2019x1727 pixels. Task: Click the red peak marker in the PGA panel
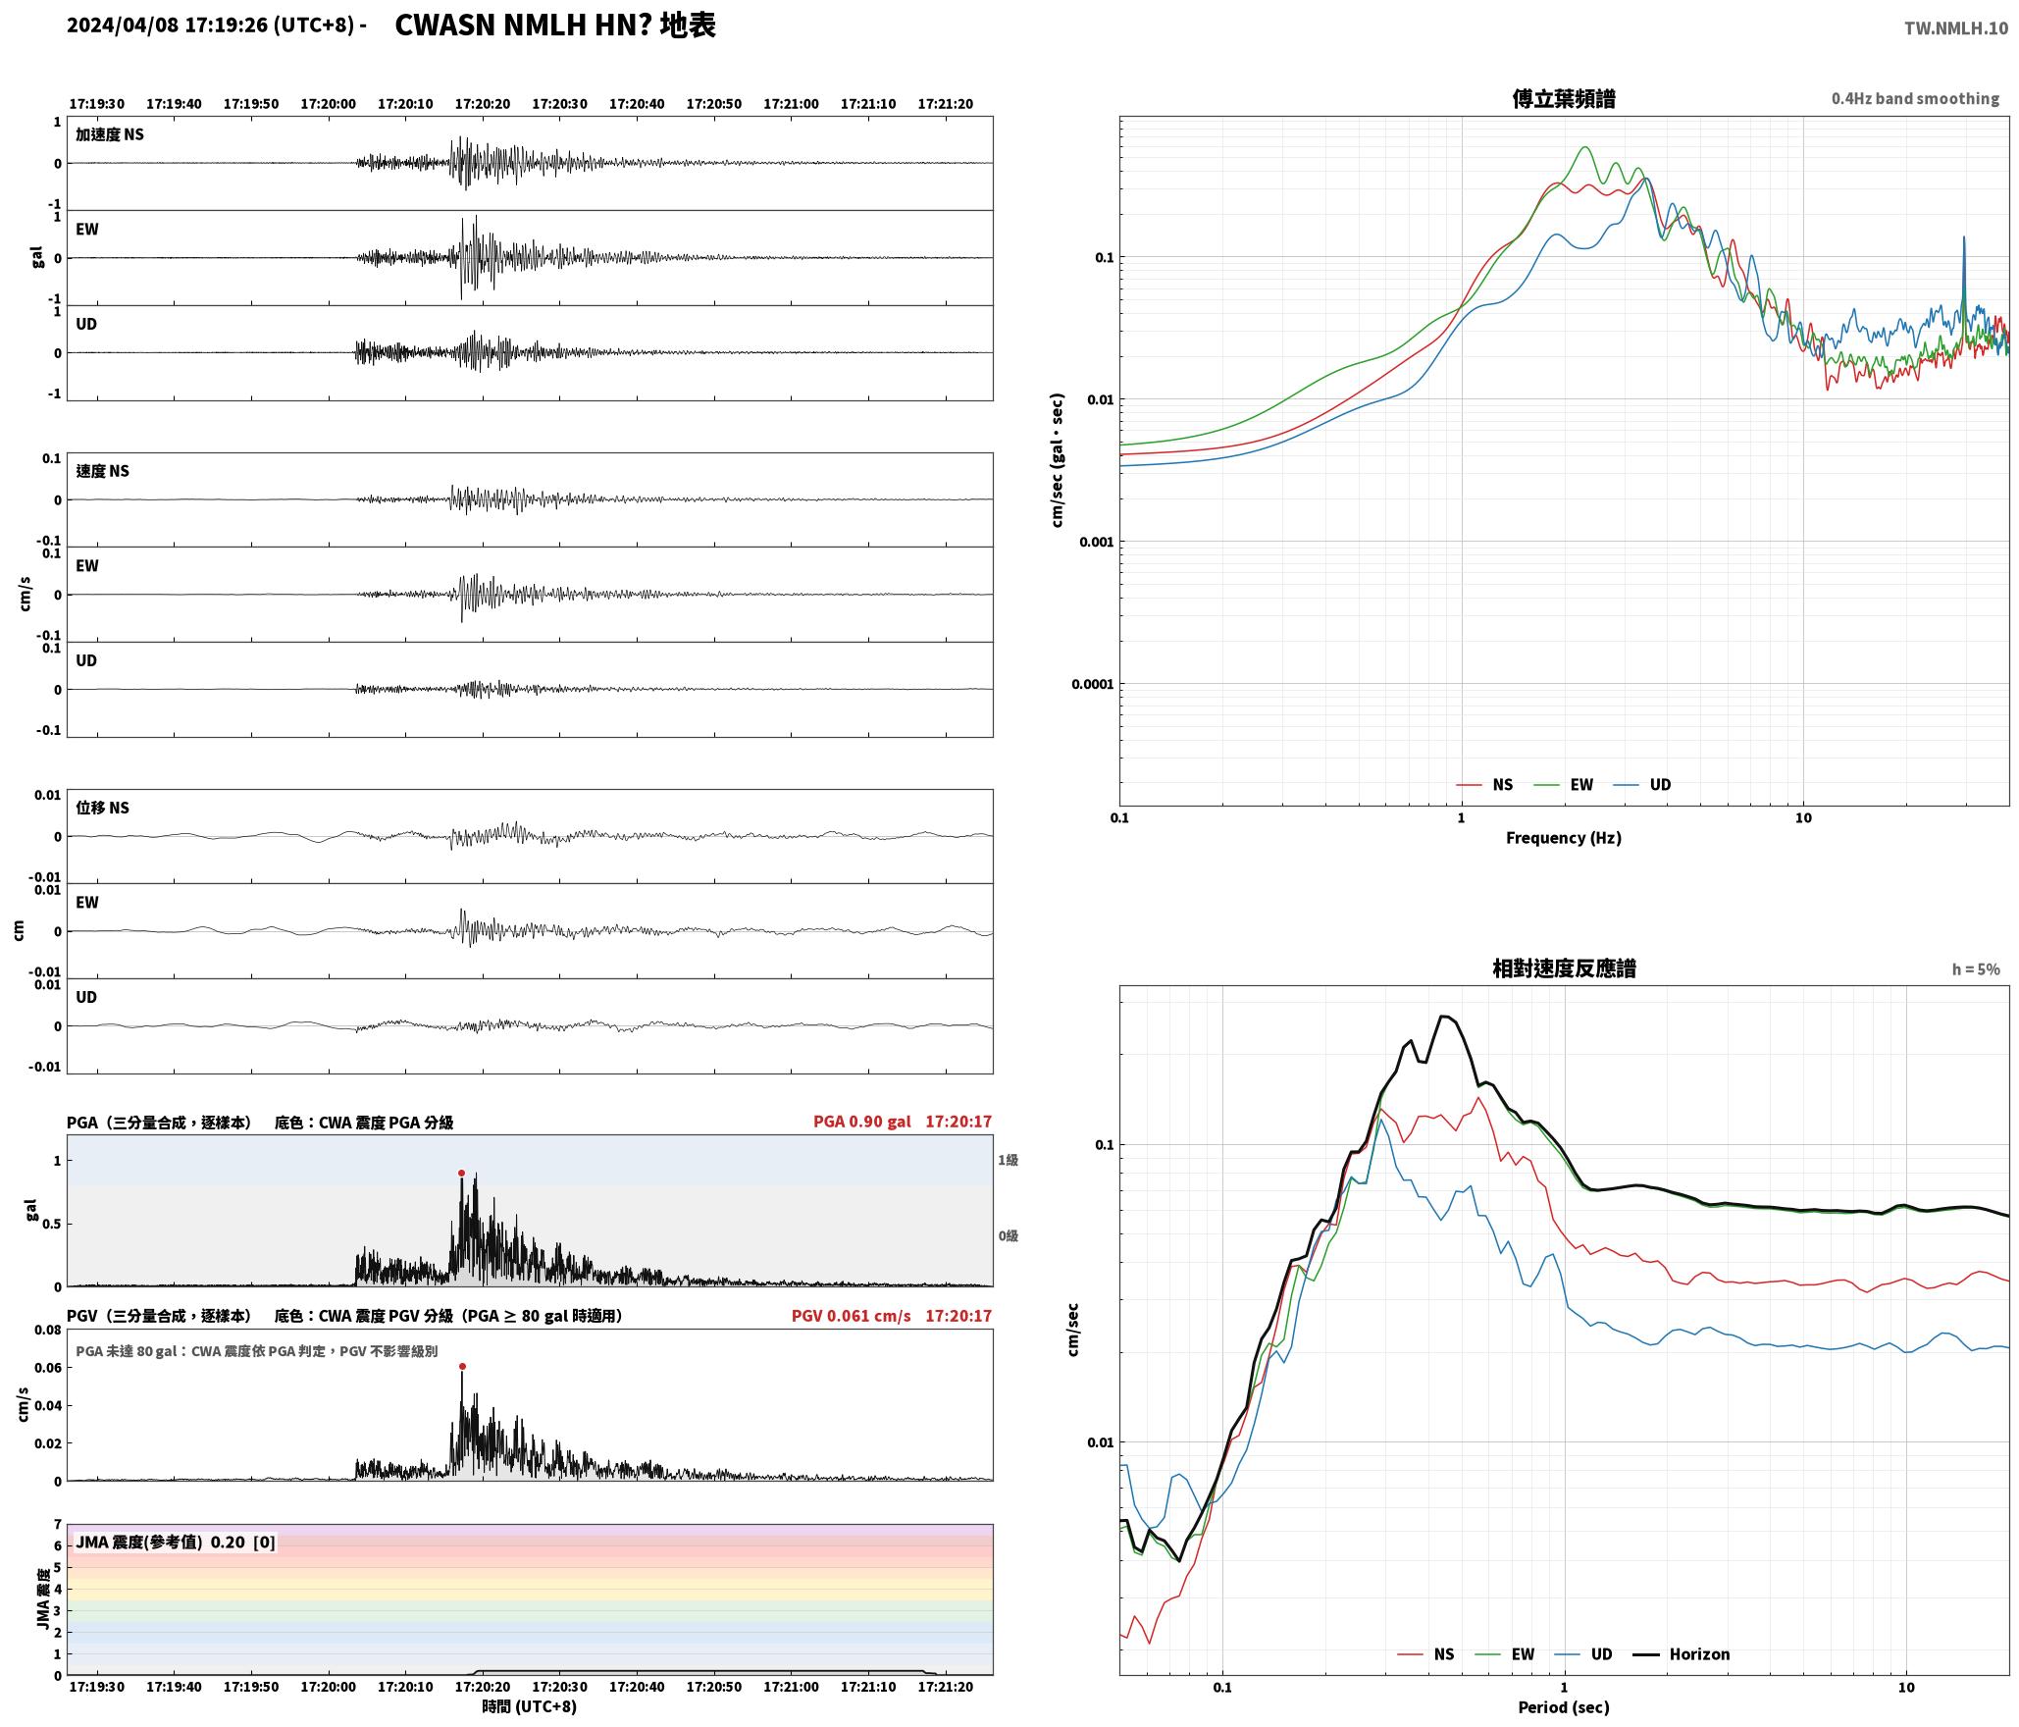[461, 1173]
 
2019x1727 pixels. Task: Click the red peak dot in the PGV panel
[462, 1366]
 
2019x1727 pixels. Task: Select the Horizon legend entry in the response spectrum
[1682, 1653]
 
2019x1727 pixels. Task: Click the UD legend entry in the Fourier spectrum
[1643, 784]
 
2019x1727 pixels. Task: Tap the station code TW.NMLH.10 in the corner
[1956, 28]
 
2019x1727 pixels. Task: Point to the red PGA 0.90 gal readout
[861, 1121]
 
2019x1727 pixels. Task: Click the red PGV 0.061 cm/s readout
[851, 1315]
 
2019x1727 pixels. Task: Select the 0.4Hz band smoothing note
[1915, 98]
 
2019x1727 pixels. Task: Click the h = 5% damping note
[1976, 968]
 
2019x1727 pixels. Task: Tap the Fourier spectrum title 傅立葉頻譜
[1564, 98]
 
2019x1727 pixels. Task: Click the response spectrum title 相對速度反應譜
[1564, 968]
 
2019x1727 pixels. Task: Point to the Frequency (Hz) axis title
[1564, 837]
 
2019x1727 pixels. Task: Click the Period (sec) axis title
[1564, 1706]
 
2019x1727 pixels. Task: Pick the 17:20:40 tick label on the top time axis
[637, 103]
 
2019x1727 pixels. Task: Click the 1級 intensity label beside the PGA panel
[1009, 1160]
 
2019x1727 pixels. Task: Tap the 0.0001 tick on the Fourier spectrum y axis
[1090, 684]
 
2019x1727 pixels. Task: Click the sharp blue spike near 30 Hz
[1964, 237]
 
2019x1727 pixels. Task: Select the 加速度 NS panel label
[110, 134]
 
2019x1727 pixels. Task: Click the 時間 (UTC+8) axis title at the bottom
[529, 1705]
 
